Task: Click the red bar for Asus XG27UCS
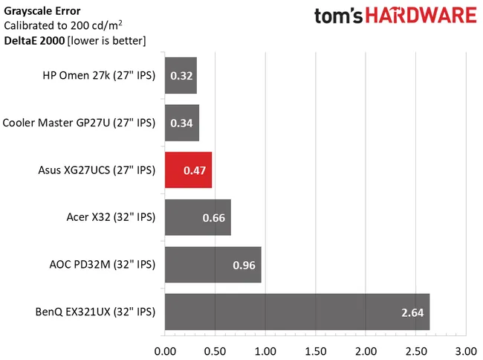[x=188, y=170]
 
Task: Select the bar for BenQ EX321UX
[x=296, y=312]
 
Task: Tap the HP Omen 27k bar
[x=181, y=75]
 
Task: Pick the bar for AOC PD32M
[x=213, y=265]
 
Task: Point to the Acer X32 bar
[x=198, y=217]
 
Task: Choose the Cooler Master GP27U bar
[x=181, y=123]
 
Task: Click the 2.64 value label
[x=411, y=312]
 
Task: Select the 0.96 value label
[x=244, y=265]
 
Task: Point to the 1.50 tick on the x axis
[x=315, y=349]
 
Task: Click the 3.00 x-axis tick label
[x=465, y=349]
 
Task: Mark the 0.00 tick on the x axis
[x=164, y=349]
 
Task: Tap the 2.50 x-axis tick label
[x=415, y=349]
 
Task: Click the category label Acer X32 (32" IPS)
[x=110, y=217]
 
